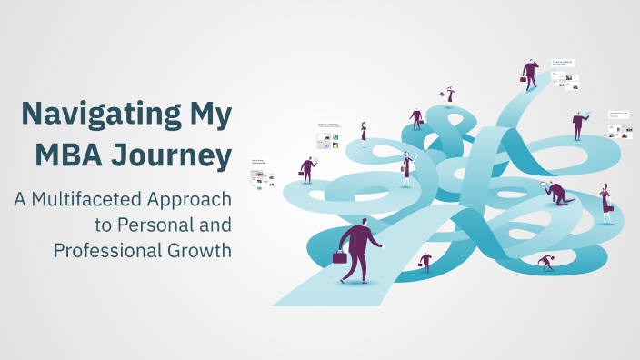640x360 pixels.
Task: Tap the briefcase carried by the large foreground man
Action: point(340,257)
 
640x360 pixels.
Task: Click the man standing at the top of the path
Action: point(530,75)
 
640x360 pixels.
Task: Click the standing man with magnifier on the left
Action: point(307,169)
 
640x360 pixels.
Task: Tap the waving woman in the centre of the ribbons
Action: point(406,167)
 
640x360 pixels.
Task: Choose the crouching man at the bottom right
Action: point(546,263)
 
